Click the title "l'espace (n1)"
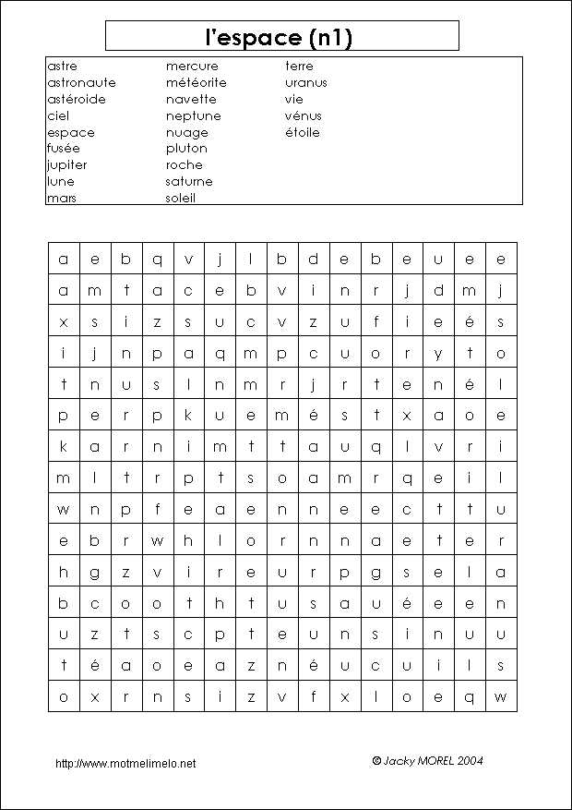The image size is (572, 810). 281,37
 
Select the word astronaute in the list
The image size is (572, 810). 81,83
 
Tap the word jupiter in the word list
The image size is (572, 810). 66,165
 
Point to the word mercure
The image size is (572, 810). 192,66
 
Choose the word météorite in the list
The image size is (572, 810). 196,83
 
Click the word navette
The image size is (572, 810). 191,100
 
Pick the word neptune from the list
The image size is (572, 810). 193,116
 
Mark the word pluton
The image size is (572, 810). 186,149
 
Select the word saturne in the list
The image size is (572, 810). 189,182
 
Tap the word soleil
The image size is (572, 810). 181,199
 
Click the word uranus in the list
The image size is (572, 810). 305,83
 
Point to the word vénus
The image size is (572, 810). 303,116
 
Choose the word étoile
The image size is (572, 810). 302,133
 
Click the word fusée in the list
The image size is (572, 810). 63,149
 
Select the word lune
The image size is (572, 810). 60,182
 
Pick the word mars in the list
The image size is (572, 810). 61,199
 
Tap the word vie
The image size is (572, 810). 293,100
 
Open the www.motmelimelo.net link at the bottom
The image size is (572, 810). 125,764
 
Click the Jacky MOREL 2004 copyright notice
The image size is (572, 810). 427,761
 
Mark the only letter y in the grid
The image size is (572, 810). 438,354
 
